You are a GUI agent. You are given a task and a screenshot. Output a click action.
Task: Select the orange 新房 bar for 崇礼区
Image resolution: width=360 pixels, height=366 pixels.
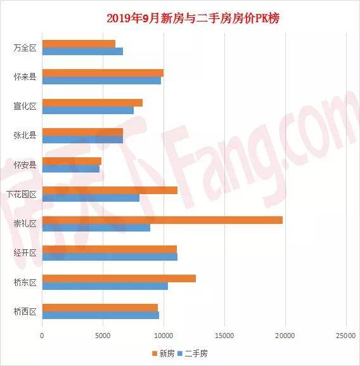162,220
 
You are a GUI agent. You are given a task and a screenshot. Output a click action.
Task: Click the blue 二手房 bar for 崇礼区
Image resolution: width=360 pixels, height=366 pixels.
96,228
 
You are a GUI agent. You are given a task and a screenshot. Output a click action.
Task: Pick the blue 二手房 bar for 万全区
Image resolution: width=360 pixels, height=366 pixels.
82,51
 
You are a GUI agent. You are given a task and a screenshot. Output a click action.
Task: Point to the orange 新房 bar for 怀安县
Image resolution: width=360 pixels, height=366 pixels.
72,161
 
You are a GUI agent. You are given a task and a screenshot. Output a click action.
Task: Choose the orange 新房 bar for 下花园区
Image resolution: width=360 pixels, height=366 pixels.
110,190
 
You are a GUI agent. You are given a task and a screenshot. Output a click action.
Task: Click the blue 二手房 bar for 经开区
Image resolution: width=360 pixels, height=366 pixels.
110,257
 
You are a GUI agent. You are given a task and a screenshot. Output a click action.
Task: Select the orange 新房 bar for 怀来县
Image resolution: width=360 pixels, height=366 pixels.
103,73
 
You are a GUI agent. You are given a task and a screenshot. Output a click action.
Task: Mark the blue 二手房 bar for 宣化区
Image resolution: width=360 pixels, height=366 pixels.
87,110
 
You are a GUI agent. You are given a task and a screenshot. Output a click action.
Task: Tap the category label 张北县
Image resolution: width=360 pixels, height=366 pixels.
25,135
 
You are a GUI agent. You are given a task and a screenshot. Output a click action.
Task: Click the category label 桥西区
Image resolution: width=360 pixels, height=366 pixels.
25,311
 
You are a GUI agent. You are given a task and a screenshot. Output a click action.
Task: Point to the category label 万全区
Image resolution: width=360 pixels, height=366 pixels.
25,48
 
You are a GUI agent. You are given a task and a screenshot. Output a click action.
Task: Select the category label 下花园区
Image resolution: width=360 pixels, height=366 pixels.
22,194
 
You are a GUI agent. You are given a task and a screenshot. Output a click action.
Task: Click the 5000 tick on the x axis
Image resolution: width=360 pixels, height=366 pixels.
103,336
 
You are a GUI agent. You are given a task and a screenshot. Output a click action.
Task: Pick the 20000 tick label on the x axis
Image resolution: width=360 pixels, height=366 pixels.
285,336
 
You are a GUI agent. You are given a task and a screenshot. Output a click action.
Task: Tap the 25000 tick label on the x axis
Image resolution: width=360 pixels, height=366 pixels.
345,336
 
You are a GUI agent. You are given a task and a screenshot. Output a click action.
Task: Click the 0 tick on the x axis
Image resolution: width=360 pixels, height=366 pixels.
42,336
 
